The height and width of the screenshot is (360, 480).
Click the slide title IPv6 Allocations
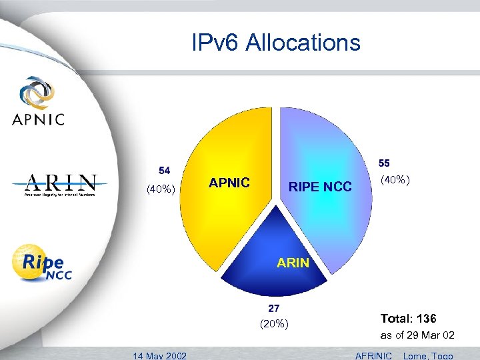click(275, 43)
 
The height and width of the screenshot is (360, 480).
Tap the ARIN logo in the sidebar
click(61, 185)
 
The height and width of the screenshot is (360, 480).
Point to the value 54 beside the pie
click(163, 169)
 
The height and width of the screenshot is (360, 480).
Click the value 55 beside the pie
click(385, 163)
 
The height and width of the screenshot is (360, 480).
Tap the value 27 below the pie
click(273, 308)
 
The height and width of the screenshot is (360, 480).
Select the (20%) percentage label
click(273, 324)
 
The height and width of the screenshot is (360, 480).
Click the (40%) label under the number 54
click(161, 189)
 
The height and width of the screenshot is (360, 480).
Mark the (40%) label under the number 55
click(395, 180)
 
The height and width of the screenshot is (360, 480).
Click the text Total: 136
click(408, 319)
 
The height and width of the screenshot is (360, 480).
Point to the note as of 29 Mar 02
click(417, 335)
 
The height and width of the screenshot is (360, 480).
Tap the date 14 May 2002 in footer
click(159, 355)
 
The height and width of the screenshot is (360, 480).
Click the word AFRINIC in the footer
click(374, 355)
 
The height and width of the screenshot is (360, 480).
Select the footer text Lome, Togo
click(428, 355)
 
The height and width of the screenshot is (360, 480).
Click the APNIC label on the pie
click(229, 183)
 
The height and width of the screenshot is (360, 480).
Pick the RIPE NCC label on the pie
click(320, 187)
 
